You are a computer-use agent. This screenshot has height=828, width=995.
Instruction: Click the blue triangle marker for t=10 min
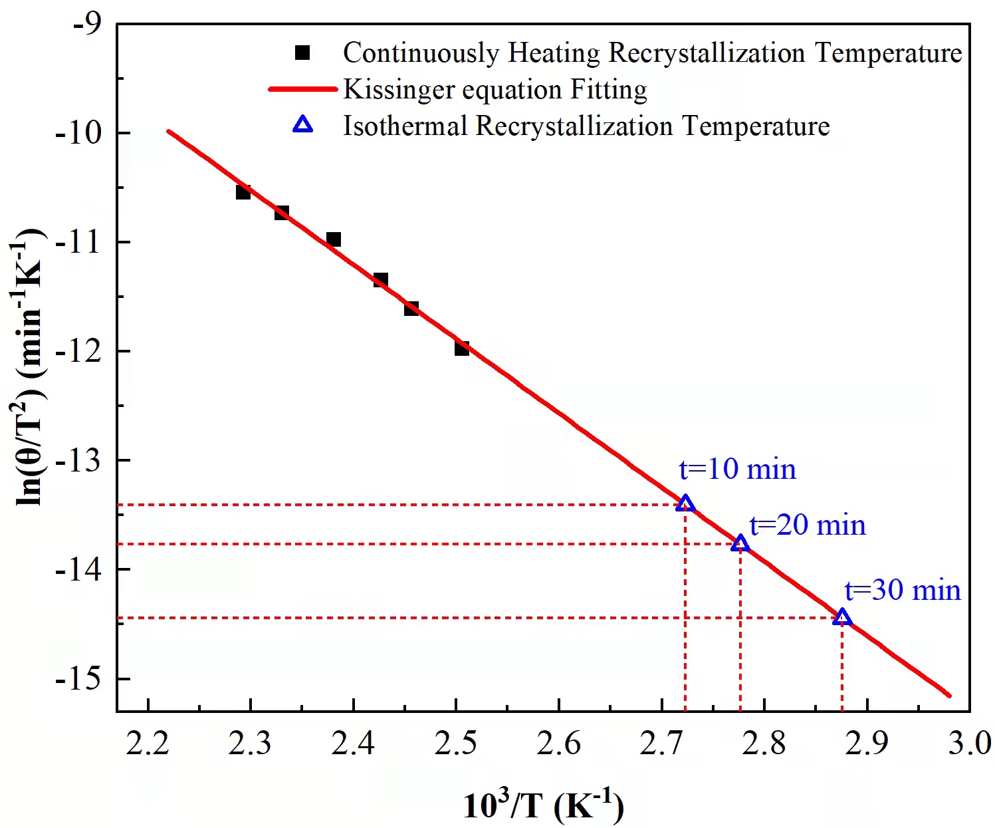pos(685,503)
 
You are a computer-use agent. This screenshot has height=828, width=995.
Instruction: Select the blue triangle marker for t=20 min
pos(740,543)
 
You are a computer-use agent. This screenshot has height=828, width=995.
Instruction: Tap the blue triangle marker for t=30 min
pos(842,617)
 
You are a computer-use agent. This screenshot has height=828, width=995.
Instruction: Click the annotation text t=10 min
pos(737,469)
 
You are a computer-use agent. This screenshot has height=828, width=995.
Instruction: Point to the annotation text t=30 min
pos(903,590)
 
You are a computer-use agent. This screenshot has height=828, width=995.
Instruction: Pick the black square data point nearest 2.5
pos(462,348)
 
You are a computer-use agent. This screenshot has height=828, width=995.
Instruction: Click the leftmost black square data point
pos(243,192)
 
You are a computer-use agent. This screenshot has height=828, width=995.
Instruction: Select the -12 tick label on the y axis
pos(78,350)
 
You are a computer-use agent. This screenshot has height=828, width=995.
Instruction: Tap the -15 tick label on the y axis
pos(78,678)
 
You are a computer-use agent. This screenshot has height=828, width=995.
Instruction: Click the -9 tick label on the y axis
pos(88,24)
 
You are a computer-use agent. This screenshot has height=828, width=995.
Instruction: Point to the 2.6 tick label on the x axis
pos(559,743)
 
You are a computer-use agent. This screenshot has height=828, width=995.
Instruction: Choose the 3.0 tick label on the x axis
pos(969,743)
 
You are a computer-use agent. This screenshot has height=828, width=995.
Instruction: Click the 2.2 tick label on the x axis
pos(148,743)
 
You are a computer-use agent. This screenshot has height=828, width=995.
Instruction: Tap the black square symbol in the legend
pos(302,53)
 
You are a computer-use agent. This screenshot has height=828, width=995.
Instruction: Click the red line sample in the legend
pos(303,89)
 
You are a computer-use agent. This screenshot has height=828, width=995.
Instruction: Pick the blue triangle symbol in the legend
pos(303,125)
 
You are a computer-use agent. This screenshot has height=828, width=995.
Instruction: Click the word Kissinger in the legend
pos(397,90)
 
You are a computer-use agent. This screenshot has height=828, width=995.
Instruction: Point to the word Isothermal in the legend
pos(405,126)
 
